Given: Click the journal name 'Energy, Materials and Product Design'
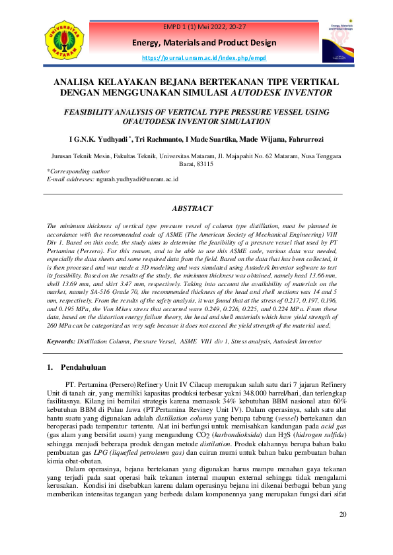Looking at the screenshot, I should [203, 43].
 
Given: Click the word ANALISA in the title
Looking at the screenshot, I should [75, 82].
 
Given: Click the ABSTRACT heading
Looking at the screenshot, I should [192, 208].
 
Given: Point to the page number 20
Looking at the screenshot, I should [341, 532].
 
